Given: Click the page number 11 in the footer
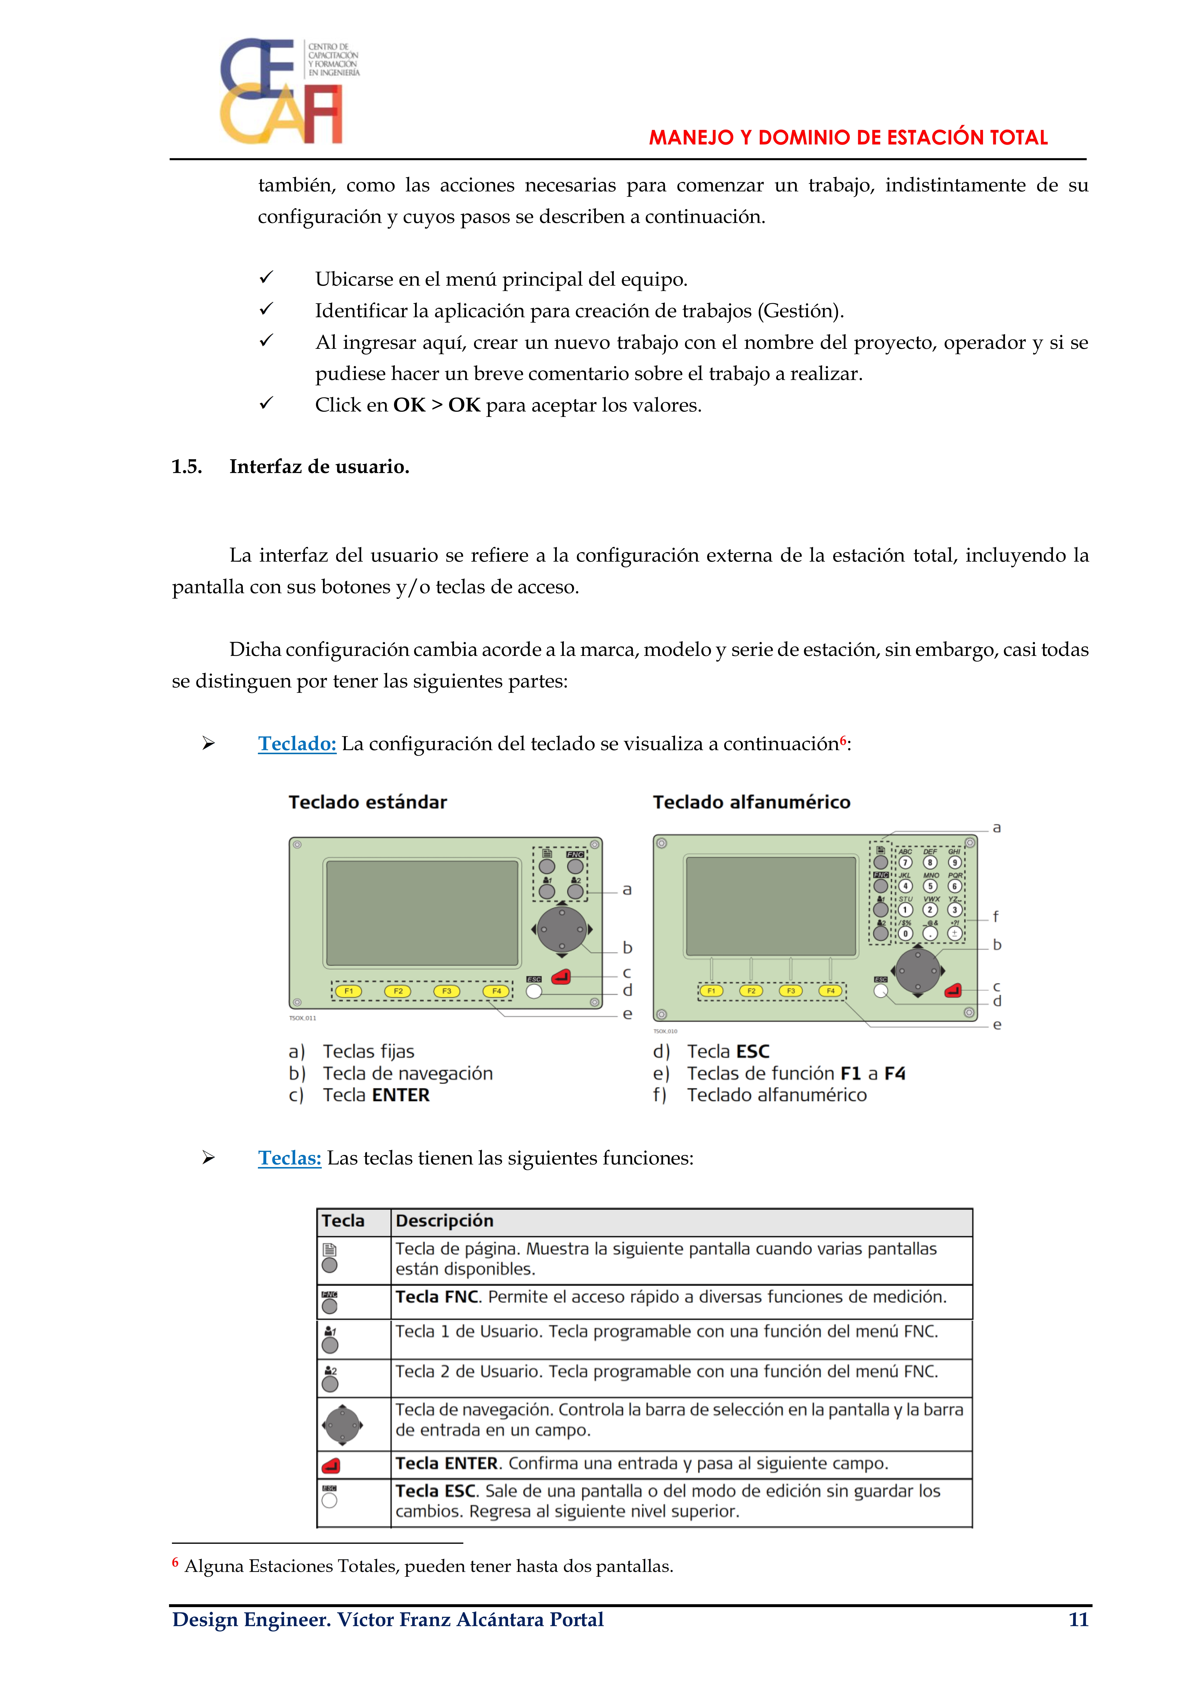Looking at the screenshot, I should (1078, 1619).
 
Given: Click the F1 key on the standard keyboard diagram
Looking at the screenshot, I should (348, 991).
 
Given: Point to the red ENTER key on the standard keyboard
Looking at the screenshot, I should (562, 977).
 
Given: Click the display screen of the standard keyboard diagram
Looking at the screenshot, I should (422, 913).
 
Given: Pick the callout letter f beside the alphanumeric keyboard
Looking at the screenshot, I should (996, 917).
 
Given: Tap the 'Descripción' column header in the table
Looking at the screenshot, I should (444, 1221).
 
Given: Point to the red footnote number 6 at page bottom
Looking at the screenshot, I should (175, 1562).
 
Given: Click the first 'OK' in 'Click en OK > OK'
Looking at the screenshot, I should (409, 405).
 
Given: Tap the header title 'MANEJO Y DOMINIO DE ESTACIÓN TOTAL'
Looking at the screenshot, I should (848, 138).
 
